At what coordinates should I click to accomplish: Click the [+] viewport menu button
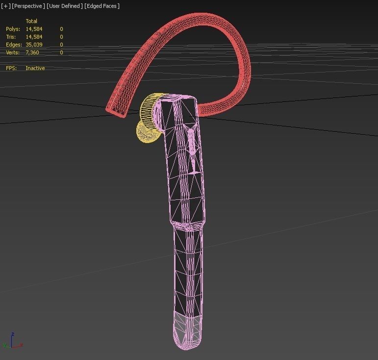click(x=5, y=6)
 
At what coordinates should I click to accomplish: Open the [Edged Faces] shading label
click(x=102, y=6)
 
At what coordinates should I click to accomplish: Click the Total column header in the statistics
click(x=31, y=21)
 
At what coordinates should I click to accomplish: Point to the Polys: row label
click(x=13, y=29)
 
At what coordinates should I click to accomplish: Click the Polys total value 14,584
click(x=34, y=29)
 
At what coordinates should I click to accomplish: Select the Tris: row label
click(x=11, y=37)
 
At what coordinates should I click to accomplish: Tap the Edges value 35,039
click(x=34, y=45)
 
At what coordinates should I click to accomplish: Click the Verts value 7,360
click(x=32, y=52)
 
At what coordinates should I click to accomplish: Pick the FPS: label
click(x=11, y=68)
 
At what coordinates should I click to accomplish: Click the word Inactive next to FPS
click(x=35, y=68)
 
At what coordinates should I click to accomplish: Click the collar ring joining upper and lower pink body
click(x=187, y=225)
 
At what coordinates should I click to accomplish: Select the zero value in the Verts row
click(x=61, y=52)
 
